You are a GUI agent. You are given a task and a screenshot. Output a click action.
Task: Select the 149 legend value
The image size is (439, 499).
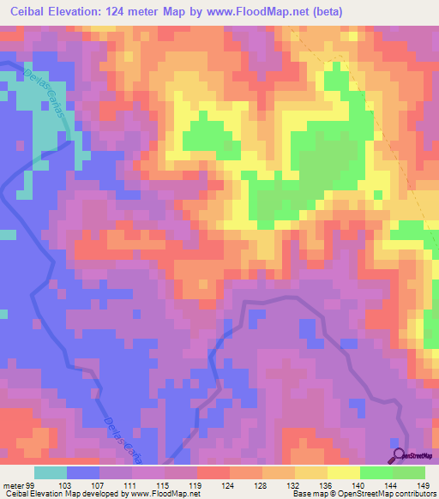coord(424,484)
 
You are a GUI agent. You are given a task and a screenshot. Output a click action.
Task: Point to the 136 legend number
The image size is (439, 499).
coord(326,484)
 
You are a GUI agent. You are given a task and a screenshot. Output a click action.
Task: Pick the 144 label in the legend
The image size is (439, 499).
coord(391,484)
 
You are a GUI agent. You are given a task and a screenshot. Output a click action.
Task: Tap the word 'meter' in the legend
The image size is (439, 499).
coord(13,484)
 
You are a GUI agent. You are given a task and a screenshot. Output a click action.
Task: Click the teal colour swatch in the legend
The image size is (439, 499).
coord(51,472)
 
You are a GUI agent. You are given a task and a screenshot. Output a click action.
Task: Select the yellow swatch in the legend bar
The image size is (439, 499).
coord(344,472)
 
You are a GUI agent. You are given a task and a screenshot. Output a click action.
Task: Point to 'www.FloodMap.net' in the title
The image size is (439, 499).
coord(275,11)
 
